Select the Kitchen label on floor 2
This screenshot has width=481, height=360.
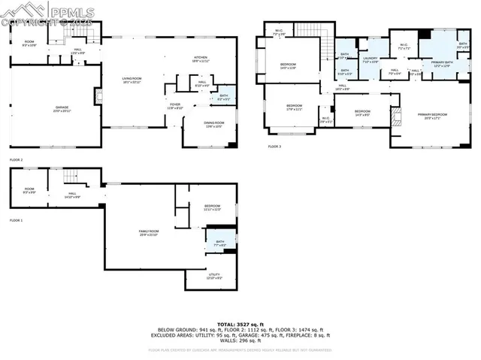click(x=201, y=58)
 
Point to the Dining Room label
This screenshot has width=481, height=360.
click(x=214, y=124)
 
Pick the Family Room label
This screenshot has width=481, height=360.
click(x=148, y=233)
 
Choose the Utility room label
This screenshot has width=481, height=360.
click(x=214, y=277)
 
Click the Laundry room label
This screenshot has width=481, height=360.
click(x=370, y=59)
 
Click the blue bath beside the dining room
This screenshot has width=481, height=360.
click(x=223, y=96)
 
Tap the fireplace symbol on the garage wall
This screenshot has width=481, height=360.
click(x=97, y=95)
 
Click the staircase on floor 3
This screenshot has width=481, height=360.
click(x=308, y=30)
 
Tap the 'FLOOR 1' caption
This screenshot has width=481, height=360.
click(x=16, y=220)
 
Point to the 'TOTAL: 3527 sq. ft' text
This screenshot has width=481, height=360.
click(x=240, y=322)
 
